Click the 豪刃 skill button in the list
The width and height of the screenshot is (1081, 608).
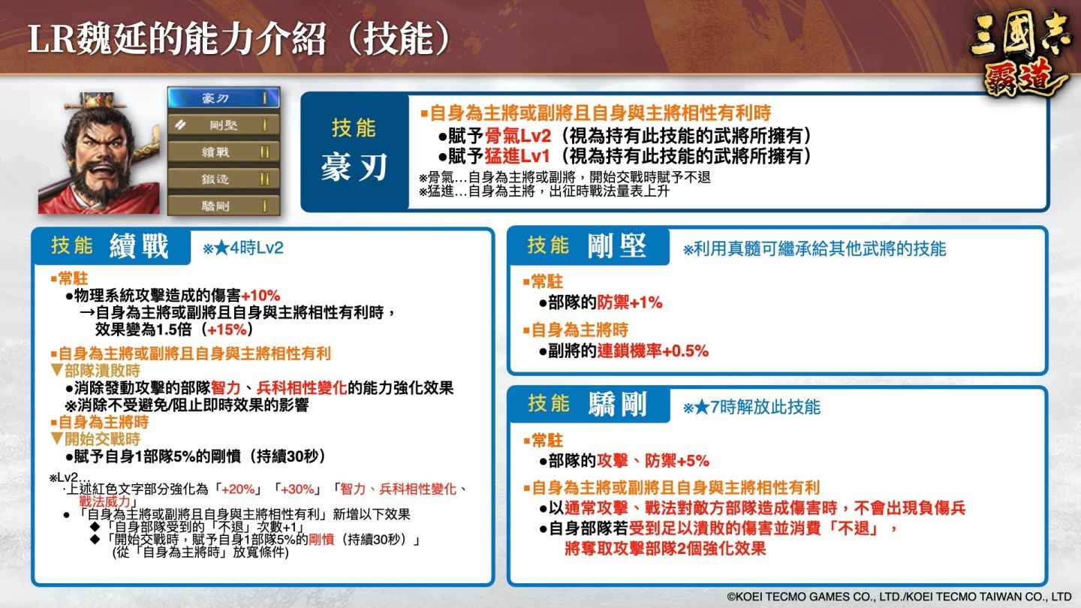[223, 98]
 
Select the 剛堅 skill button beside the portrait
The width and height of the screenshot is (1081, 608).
[223, 125]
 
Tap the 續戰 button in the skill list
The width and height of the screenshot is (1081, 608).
[223, 152]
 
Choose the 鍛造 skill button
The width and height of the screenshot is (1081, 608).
[223, 179]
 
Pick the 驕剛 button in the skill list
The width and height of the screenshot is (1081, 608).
[223, 206]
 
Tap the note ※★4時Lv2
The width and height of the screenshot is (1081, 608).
[242, 248]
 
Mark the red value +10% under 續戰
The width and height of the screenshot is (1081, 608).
[260, 295]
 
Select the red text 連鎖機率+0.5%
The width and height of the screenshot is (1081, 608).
[652, 351]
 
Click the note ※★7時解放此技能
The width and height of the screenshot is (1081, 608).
[751, 408]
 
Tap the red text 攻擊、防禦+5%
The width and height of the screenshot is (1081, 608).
[652, 461]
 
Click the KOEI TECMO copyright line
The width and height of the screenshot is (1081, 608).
[898, 597]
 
